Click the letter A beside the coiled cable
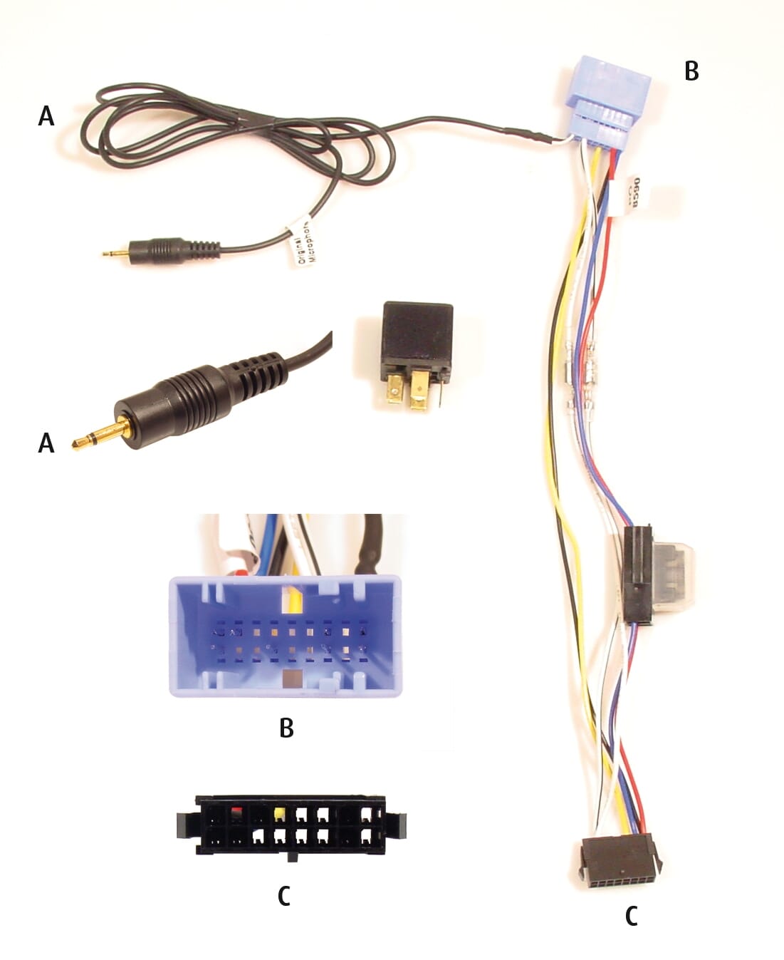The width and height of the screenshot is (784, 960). [46, 115]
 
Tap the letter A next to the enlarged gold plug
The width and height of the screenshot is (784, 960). [46, 443]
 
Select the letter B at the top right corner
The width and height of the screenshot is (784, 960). [691, 71]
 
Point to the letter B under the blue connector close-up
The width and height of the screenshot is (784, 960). [286, 728]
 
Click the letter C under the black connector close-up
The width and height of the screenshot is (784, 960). [283, 896]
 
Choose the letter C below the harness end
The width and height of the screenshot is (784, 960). [631, 917]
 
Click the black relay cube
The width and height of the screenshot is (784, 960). [417, 335]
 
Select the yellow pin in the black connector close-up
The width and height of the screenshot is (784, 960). [280, 813]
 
